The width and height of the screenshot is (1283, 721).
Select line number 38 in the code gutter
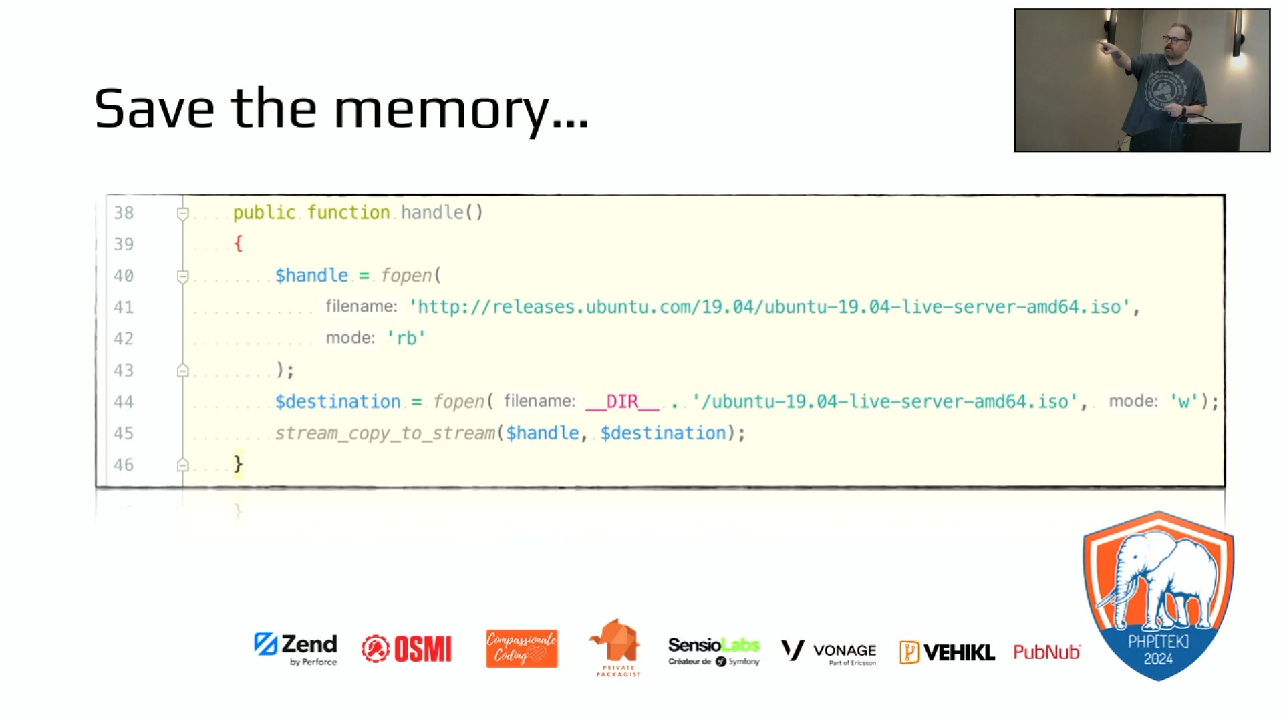tap(124, 213)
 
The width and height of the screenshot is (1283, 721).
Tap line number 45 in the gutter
tap(124, 433)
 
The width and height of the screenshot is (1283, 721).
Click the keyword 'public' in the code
tap(264, 213)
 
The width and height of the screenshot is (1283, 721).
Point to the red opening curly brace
tap(238, 244)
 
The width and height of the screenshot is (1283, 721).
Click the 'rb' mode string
tap(406, 338)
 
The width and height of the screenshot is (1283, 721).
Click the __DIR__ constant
tap(622, 402)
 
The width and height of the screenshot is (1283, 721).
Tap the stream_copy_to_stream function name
tap(385, 433)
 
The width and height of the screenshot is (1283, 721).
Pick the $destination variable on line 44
tap(337, 402)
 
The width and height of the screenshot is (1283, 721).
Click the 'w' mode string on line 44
tap(1183, 402)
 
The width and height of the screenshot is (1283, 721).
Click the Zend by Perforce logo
tap(296, 649)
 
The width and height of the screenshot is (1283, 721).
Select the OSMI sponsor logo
tap(407, 649)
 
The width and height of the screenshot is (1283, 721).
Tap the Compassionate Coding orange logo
tap(522, 649)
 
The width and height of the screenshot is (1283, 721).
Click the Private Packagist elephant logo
tap(616, 645)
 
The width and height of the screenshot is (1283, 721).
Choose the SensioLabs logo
tap(714, 650)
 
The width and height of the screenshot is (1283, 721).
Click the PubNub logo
tap(1046, 652)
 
